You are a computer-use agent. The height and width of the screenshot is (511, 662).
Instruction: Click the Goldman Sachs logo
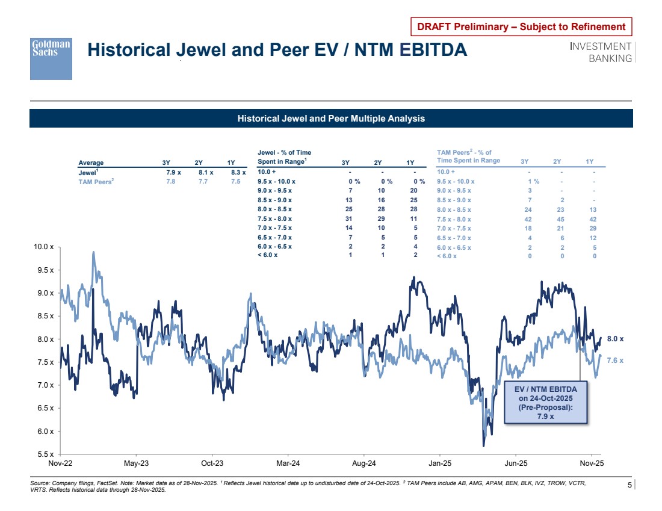51,58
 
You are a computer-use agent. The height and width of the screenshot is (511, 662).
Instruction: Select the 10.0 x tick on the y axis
45,247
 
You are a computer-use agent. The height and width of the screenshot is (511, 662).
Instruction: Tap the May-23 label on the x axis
136,464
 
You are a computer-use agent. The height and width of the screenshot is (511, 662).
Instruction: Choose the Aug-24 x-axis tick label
363,464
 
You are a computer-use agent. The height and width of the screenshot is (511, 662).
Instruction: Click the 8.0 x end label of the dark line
615,339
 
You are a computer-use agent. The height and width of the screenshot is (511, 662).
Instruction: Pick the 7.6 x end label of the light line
615,360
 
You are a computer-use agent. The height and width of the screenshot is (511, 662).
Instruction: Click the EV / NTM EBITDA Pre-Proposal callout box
545,402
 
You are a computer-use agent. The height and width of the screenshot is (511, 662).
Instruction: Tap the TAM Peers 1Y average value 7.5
235,181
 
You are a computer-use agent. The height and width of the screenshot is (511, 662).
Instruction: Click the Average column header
91,163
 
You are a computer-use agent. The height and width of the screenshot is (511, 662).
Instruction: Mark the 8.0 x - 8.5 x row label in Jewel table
274,209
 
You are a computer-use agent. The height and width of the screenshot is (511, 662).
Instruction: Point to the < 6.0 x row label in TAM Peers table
447,256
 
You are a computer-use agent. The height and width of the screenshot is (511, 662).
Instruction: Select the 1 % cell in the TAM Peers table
533,181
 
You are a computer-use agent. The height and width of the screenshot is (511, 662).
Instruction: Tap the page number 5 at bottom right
630,485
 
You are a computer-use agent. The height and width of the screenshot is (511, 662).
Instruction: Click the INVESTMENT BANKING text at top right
601,52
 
